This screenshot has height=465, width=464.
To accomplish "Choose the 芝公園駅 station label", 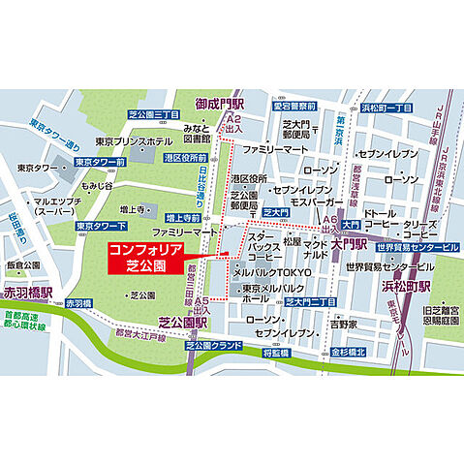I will point(184,324).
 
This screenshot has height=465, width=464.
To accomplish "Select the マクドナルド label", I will point(316,253).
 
